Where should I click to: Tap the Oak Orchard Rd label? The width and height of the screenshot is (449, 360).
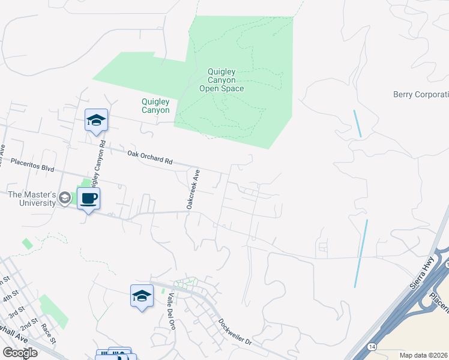coord(150,158)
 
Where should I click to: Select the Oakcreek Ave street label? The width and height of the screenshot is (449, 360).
coord(193,189)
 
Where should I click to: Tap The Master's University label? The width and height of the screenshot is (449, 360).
coord(32,199)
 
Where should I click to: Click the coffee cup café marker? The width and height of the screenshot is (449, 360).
coord(88,199)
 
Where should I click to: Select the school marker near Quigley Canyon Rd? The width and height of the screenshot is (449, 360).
coord(96,121)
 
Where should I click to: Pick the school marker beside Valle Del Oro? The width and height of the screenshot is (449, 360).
coord(142,296)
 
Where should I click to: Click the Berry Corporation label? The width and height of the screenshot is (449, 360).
coord(421,95)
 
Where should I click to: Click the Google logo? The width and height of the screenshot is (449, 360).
coord(19,353)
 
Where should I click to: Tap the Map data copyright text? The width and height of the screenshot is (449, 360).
coord(424,355)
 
